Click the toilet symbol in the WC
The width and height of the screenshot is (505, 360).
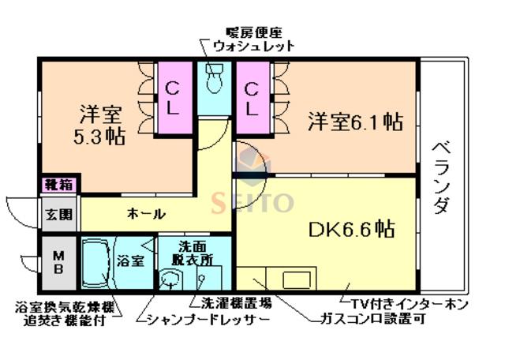pos(215,78)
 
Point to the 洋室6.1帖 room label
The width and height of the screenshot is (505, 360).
pos(356,121)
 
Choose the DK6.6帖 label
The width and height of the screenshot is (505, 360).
pos(351,229)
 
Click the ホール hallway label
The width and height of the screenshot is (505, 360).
pos(147,214)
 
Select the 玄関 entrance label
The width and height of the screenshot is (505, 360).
pos(59,214)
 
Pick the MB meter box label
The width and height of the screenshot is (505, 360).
pos(58,263)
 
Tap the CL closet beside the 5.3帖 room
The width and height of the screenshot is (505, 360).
pos(174,98)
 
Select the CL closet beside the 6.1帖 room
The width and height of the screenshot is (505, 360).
pos(252,98)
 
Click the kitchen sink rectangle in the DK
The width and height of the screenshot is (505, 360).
pos(297,279)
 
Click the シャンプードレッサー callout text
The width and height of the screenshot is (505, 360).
pos(208,320)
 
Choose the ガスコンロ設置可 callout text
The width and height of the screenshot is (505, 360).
pos(372,318)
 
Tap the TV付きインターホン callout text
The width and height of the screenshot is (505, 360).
pos(409,304)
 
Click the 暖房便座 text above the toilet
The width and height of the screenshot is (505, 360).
pos(254,32)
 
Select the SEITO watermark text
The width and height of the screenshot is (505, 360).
pos(252,203)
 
